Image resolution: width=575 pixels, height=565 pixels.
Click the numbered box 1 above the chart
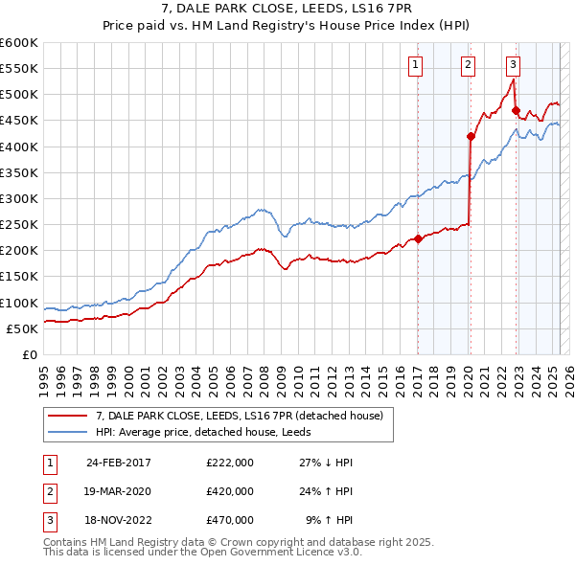416,65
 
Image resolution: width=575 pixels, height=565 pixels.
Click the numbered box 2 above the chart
468,65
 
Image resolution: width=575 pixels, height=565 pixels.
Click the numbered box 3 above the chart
514,65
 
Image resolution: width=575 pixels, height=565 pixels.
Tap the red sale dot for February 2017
419,239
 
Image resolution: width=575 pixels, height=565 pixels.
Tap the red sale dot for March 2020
471,136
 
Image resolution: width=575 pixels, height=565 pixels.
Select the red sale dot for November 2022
516,110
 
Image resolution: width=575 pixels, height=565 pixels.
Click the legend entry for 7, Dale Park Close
240,416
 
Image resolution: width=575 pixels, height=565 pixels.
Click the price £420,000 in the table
229,491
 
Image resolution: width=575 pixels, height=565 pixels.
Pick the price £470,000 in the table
229,520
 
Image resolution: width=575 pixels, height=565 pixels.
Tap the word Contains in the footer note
66,542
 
